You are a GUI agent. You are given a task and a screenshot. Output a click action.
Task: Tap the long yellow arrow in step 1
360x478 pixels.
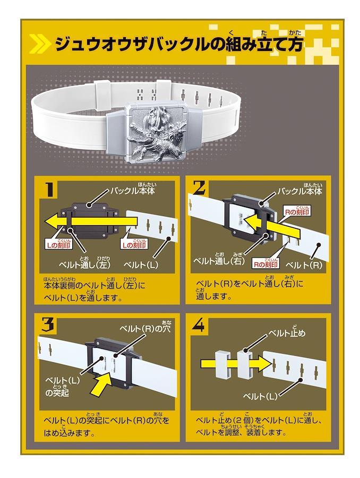(93, 221)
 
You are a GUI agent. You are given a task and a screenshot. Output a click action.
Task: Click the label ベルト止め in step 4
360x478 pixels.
(287, 333)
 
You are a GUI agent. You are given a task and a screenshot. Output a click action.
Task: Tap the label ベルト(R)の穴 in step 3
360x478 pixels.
(145, 329)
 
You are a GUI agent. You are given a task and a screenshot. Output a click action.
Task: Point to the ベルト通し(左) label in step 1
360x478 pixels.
(84, 263)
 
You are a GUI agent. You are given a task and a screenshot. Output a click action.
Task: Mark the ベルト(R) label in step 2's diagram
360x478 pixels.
(304, 265)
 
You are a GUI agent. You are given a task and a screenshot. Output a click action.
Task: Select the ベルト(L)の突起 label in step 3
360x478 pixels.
(62, 386)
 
